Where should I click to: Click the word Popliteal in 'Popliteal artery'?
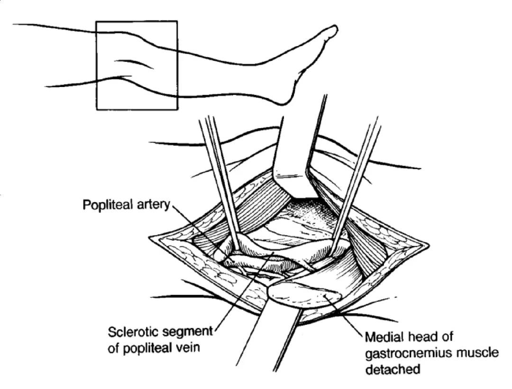[105, 207]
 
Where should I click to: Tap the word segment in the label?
[186, 331]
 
